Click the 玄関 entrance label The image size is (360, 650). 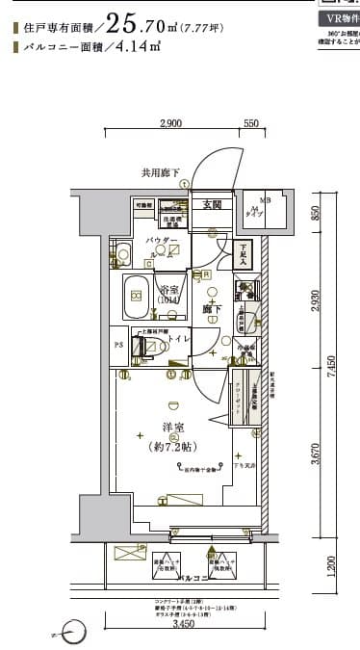click(213, 204)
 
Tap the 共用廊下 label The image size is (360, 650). click(161, 173)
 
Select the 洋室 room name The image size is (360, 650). click(172, 427)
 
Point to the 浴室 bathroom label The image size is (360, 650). click(171, 291)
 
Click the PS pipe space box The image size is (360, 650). click(119, 345)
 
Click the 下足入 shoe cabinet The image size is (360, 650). click(244, 254)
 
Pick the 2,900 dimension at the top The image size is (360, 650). click(170, 124)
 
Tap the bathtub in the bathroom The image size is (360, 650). click(135, 294)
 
